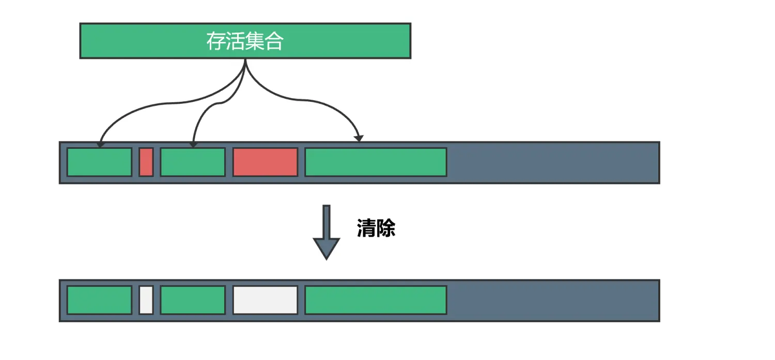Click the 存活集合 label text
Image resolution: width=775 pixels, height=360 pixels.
(245, 41)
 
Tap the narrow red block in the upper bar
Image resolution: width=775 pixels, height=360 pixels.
(146, 162)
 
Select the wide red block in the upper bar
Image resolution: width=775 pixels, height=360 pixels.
(265, 162)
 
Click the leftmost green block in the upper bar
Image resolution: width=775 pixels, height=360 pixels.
(99, 162)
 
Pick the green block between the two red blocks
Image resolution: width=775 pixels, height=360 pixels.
(193, 162)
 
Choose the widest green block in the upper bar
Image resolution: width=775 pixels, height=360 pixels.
(376, 162)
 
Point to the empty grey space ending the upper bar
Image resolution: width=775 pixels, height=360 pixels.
(553, 162)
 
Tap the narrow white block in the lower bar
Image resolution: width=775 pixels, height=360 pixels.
(146, 300)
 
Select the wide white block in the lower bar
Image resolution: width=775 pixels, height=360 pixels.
(265, 300)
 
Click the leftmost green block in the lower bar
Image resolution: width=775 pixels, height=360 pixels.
(99, 300)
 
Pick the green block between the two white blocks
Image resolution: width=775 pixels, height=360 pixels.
(193, 300)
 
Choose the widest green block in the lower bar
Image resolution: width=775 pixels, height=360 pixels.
(376, 300)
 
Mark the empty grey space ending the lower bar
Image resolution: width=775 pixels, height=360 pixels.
(553, 300)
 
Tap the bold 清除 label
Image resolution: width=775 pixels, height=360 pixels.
(376, 228)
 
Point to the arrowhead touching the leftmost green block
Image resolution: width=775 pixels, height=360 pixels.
(100, 144)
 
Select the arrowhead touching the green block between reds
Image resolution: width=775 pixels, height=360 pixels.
(193, 144)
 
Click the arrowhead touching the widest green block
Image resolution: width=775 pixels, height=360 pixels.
(359, 138)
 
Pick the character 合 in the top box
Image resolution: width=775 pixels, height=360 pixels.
(274, 41)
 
